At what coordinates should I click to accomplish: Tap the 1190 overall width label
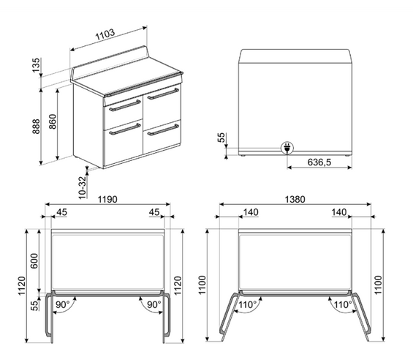point(107,199)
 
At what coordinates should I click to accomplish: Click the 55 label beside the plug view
point(222,138)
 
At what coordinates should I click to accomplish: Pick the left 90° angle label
point(62,304)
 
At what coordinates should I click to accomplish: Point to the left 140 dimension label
point(251,211)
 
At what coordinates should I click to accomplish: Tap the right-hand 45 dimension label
point(155,211)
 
